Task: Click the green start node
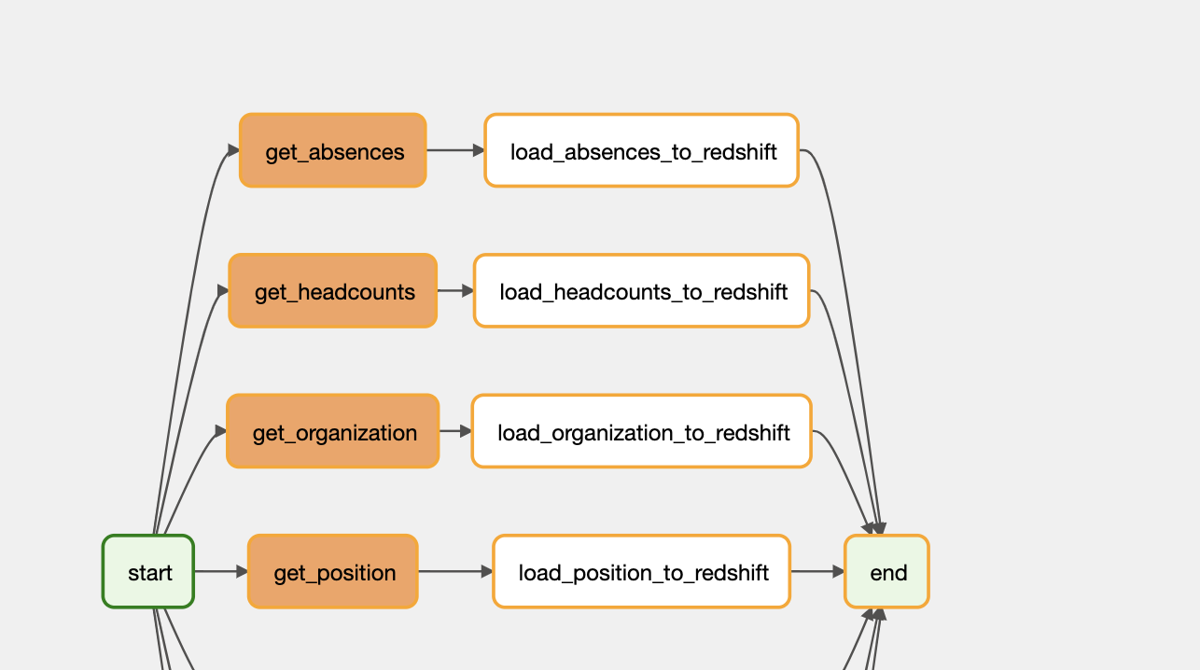tap(148, 571)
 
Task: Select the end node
tap(887, 571)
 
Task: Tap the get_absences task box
tap(333, 150)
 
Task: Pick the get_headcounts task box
tap(333, 291)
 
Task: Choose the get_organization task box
tap(333, 431)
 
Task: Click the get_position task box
tap(333, 571)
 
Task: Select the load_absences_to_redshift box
tap(642, 150)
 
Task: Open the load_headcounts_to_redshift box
tap(642, 291)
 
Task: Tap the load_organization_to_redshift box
tap(642, 431)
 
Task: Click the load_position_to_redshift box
tap(642, 571)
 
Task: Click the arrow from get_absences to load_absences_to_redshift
tap(455, 150)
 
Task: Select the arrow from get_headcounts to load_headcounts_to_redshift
tap(455, 291)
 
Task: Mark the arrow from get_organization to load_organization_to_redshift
tap(455, 431)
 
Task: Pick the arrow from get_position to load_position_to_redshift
tap(455, 571)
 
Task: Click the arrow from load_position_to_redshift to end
tap(817, 571)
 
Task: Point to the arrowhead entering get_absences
tap(233, 150)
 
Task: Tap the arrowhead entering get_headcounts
tap(223, 291)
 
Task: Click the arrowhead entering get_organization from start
tap(220, 431)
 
